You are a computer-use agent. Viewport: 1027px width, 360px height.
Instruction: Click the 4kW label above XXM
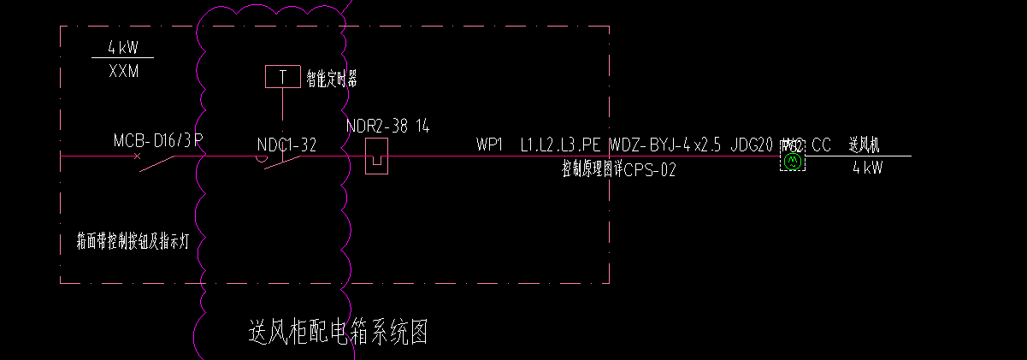point(123,48)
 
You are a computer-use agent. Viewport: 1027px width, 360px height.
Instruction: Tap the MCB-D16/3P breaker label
point(158,140)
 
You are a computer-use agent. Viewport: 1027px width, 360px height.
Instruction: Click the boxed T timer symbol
point(282,76)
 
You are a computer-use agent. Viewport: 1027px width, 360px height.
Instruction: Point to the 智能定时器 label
point(332,80)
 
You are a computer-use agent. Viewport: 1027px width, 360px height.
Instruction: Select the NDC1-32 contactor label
point(287,145)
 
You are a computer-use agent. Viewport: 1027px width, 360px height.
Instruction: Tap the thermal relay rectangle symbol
point(377,156)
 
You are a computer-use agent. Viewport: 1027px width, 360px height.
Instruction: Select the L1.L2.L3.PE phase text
point(561,145)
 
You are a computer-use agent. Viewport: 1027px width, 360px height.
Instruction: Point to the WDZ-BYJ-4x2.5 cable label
point(666,145)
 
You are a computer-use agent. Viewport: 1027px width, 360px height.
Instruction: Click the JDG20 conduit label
point(752,145)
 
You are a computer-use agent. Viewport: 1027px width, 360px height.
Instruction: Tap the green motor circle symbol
point(793,160)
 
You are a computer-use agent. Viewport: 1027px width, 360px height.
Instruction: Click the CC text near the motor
point(821,145)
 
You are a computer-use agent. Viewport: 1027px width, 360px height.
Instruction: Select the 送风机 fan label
point(864,145)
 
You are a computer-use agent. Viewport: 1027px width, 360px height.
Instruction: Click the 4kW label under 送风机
point(867,168)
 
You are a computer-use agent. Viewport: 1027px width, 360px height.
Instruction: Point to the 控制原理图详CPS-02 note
point(618,170)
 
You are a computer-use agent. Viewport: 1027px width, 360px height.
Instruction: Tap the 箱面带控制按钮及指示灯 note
point(137,241)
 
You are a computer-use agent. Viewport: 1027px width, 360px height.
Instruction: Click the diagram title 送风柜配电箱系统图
point(337,332)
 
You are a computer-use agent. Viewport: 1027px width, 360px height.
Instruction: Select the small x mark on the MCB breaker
point(137,156)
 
